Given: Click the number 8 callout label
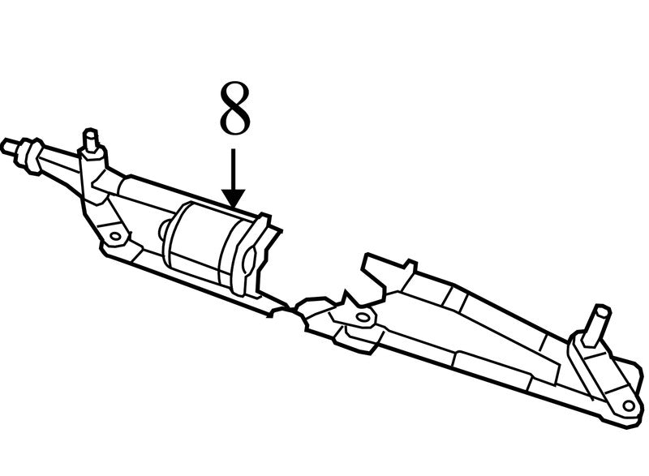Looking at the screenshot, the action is pyautogui.click(x=234, y=108).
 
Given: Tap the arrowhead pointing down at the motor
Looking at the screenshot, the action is pyautogui.click(x=234, y=199).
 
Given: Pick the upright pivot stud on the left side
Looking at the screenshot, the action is pyautogui.click(x=90, y=140).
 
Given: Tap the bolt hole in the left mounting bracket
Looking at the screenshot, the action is pyautogui.click(x=115, y=237).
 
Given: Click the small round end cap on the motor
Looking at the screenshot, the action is pyautogui.click(x=165, y=230).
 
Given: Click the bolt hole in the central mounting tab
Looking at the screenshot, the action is pyautogui.click(x=363, y=318).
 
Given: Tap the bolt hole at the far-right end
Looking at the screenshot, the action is pyautogui.click(x=628, y=405).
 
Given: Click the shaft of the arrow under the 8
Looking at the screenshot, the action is pyautogui.click(x=234, y=169).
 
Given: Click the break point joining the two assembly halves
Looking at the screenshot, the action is pyautogui.click(x=291, y=308).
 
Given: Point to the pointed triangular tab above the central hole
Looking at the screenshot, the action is pyautogui.click(x=348, y=298).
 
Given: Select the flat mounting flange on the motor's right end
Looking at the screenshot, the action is pyautogui.click(x=247, y=255).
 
